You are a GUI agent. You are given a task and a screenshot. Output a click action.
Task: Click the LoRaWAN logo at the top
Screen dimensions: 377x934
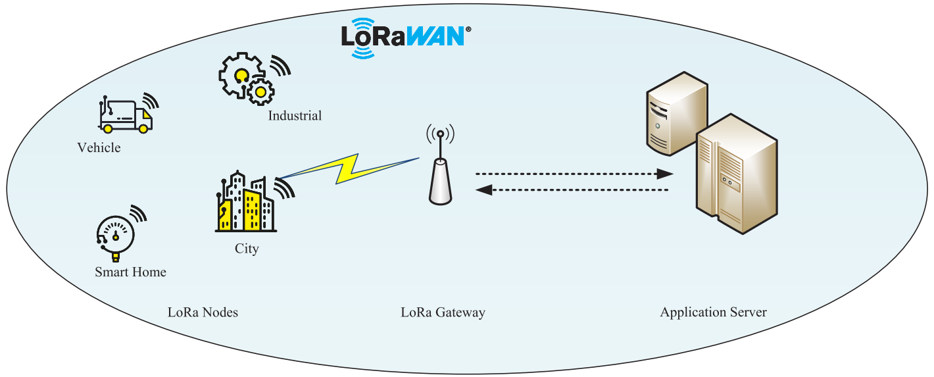point(403,36)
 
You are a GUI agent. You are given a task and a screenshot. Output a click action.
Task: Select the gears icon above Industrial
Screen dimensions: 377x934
point(247,79)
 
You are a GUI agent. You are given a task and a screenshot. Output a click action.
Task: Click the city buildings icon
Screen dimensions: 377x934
point(245,204)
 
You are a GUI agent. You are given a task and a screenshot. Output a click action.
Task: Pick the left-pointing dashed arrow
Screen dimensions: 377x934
point(572,190)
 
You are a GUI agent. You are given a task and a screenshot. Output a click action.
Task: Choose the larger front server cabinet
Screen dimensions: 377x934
point(737,174)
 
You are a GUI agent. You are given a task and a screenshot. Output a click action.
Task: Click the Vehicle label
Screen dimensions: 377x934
point(99,148)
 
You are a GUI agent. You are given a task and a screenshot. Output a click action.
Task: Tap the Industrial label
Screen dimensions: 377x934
point(295,116)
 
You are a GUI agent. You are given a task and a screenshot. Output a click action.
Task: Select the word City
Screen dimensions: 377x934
point(247,249)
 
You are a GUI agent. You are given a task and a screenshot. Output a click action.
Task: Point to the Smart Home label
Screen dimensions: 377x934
point(130,272)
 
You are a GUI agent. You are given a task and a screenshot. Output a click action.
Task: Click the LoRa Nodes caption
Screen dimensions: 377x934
point(203,313)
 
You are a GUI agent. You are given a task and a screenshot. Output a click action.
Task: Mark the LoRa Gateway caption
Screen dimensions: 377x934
point(443,313)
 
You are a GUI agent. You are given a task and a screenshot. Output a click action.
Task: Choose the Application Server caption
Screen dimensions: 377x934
point(713,313)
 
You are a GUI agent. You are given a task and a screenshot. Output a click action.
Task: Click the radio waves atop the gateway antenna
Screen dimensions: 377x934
point(440,134)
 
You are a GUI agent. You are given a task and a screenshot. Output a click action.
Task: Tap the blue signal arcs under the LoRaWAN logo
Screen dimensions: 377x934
point(363,52)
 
